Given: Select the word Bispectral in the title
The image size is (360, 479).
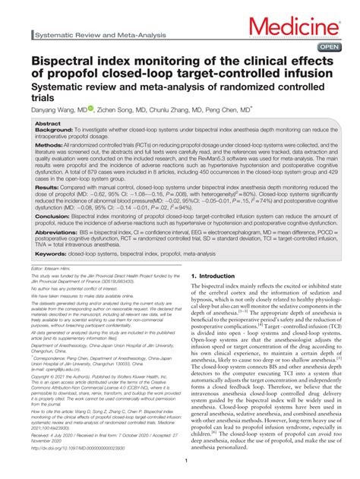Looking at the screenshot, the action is pos(66,60).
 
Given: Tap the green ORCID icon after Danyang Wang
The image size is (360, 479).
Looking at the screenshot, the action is pos(90,109).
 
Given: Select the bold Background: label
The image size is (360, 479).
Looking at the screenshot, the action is pos(58,130).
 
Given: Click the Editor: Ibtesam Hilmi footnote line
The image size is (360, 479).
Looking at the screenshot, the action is pos(57,269).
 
